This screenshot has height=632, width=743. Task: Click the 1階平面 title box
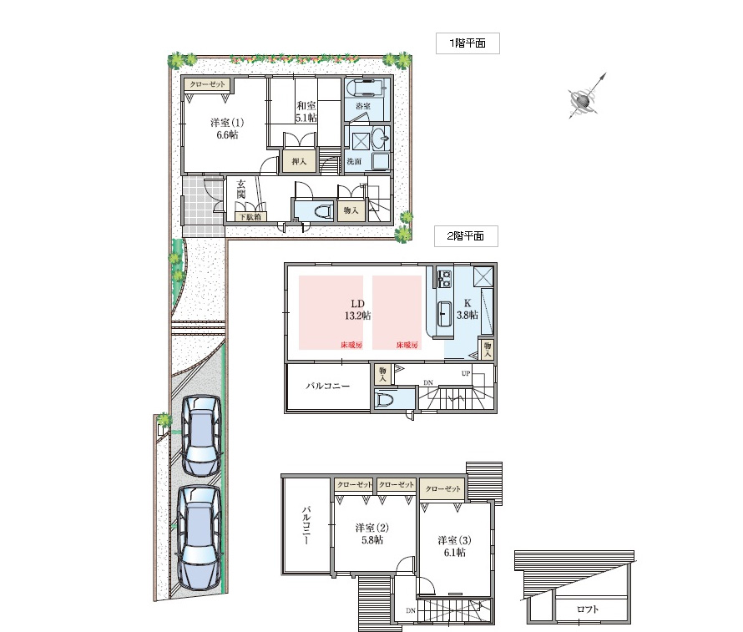[x=468, y=43]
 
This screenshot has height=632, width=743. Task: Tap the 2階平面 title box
[x=467, y=236]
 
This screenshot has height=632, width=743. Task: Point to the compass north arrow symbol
[x=587, y=97]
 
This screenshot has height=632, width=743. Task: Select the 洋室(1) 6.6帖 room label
[x=227, y=129]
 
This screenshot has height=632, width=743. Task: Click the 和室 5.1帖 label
[x=306, y=112]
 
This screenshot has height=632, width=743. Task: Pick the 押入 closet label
[x=299, y=162]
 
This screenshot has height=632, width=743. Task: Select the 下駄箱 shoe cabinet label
[x=250, y=217]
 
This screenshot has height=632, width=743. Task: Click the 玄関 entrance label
[x=241, y=189]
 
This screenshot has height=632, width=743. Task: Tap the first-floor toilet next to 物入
[x=321, y=211]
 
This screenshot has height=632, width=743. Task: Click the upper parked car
[x=202, y=436]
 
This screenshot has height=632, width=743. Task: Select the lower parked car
[x=200, y=538]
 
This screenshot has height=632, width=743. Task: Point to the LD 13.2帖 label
[x=358, y=310]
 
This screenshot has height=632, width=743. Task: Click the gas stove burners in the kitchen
[x=444, y=279]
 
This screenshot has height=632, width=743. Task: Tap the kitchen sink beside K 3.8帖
[x=444, y=313]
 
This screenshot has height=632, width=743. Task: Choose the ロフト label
[x=588, y=609]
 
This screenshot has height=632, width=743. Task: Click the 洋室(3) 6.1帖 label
[x=454, y=546]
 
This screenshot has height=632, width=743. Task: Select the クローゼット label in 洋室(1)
[x=208, y=84]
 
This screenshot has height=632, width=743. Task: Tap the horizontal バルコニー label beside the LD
[x=327, y=386]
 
